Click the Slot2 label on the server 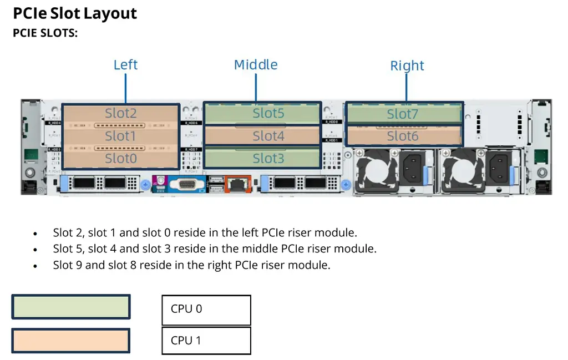(121, 114)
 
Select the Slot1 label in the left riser (121, 136)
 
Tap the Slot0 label (121, 159)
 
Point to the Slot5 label (268, 113)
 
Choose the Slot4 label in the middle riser (268, 136)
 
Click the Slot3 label (268, 159)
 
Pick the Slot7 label (403, 114)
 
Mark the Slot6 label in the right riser (403, 136)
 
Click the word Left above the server (125, 65)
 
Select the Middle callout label (256, 65)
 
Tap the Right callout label (407, 66)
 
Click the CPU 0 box (206, 310)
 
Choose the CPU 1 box (206, 341)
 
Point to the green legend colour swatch (71, 307)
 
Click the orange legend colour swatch (71, 341)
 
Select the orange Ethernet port (238, 183)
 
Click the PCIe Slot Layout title (75, 13)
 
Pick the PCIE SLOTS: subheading (45, 33)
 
